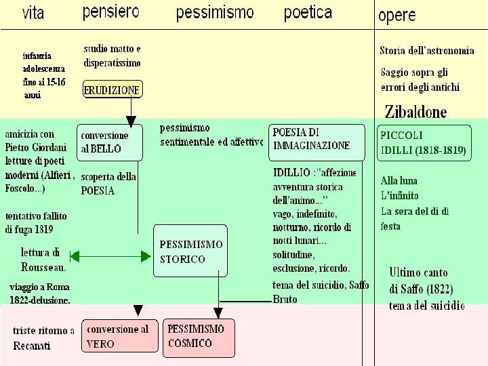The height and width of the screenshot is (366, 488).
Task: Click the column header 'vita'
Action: (33, 13)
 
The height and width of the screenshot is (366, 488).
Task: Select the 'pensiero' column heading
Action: (111, 12)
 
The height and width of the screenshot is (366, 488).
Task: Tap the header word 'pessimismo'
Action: (214, 13)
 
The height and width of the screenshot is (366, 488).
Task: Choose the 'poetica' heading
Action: (308, 12)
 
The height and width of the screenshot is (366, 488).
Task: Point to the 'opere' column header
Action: (397, 15)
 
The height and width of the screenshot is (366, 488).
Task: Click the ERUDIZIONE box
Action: (112, 89)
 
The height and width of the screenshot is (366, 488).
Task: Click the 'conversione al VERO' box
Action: (118, 337)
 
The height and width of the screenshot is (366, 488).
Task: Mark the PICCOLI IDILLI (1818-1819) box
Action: (424, 143)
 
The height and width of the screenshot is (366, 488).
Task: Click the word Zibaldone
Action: (415, 112)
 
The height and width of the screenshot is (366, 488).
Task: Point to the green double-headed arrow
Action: (110, 256)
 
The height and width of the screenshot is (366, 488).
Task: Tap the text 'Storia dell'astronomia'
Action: (426, 50)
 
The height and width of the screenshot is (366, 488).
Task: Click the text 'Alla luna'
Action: (399, 181)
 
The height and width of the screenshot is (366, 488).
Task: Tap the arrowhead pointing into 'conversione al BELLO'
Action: (131, 119)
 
